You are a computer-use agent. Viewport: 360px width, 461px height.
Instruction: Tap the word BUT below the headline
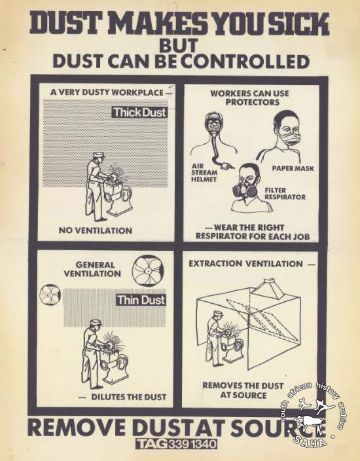pos(179,46)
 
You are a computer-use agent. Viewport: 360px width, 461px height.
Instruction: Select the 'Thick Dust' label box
pos(140,113)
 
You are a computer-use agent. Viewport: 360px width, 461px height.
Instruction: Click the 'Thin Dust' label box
pos(141,300)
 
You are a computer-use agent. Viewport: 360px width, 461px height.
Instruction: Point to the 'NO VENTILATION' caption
pos(96,230)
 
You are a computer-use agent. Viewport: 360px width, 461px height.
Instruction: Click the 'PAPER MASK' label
pos(293,168)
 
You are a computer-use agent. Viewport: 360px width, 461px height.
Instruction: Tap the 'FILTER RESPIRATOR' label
pos(285,194)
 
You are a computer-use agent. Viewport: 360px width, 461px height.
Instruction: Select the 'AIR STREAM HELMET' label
pos(204,173)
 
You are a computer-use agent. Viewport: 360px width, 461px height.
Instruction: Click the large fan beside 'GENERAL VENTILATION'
pos(147,270)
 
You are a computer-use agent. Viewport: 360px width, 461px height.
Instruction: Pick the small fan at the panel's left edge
pos(50,295)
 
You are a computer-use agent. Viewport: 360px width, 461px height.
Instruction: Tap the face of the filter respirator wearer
pos(248,182)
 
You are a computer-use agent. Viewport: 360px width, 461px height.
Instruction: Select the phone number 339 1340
pos(192,444)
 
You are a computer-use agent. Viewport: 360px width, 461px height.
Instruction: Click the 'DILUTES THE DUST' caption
pos(129,397)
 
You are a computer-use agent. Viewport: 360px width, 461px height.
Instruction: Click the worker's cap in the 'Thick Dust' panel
pos(98,155)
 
